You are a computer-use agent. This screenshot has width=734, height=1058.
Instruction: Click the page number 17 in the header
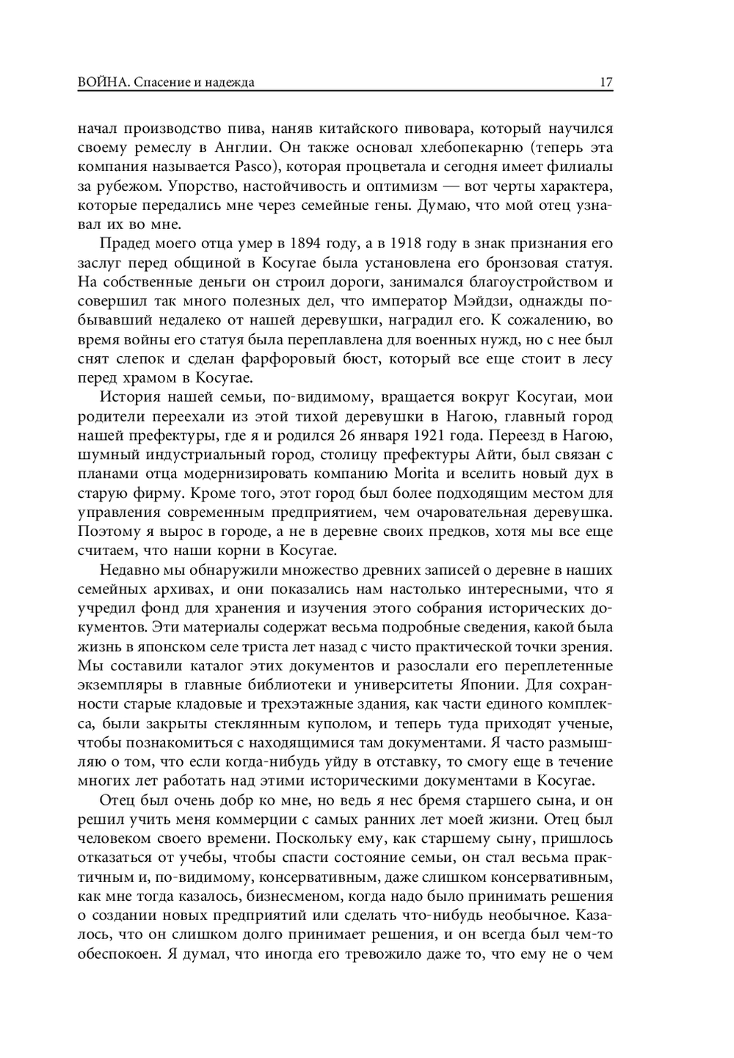(606, 82)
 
